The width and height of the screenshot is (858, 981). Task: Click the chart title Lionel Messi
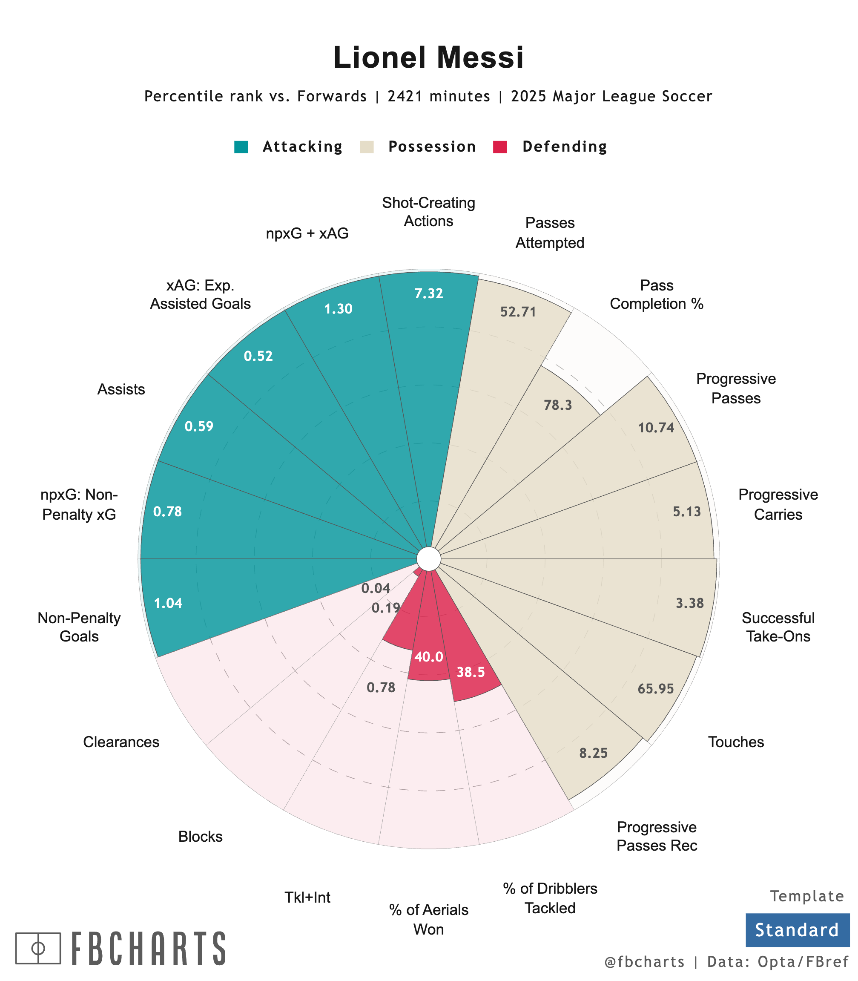click(428, 58)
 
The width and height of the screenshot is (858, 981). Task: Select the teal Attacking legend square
click(241, 147)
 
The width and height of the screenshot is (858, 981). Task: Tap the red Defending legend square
click(500, 147)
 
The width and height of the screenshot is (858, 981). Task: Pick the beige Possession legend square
click(367, 147)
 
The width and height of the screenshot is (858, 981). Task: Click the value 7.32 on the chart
click(428, 293)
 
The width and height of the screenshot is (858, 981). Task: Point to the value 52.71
click(518, 312)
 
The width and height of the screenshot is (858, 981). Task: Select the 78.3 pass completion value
click(558, 405)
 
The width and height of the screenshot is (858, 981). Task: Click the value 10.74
click(656, 428)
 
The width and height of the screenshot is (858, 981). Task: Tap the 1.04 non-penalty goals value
click(168, 603)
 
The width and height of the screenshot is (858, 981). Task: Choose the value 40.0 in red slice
click(428, 657)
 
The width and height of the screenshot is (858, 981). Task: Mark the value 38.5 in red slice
click(471, 672)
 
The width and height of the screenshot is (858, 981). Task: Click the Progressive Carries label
click(778, 504)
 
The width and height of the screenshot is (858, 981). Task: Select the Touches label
click(735, 742)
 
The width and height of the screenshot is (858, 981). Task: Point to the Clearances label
click(121, 742)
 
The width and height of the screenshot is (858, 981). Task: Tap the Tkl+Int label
click(307, 897)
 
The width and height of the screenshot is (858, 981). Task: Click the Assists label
click(121, 389)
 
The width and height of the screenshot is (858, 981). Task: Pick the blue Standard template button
click(797, 930)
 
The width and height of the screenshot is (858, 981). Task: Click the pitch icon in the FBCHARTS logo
click(38, 948)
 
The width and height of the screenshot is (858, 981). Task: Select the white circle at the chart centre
click(428, 559)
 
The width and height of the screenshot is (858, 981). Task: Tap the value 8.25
click(593, 753)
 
